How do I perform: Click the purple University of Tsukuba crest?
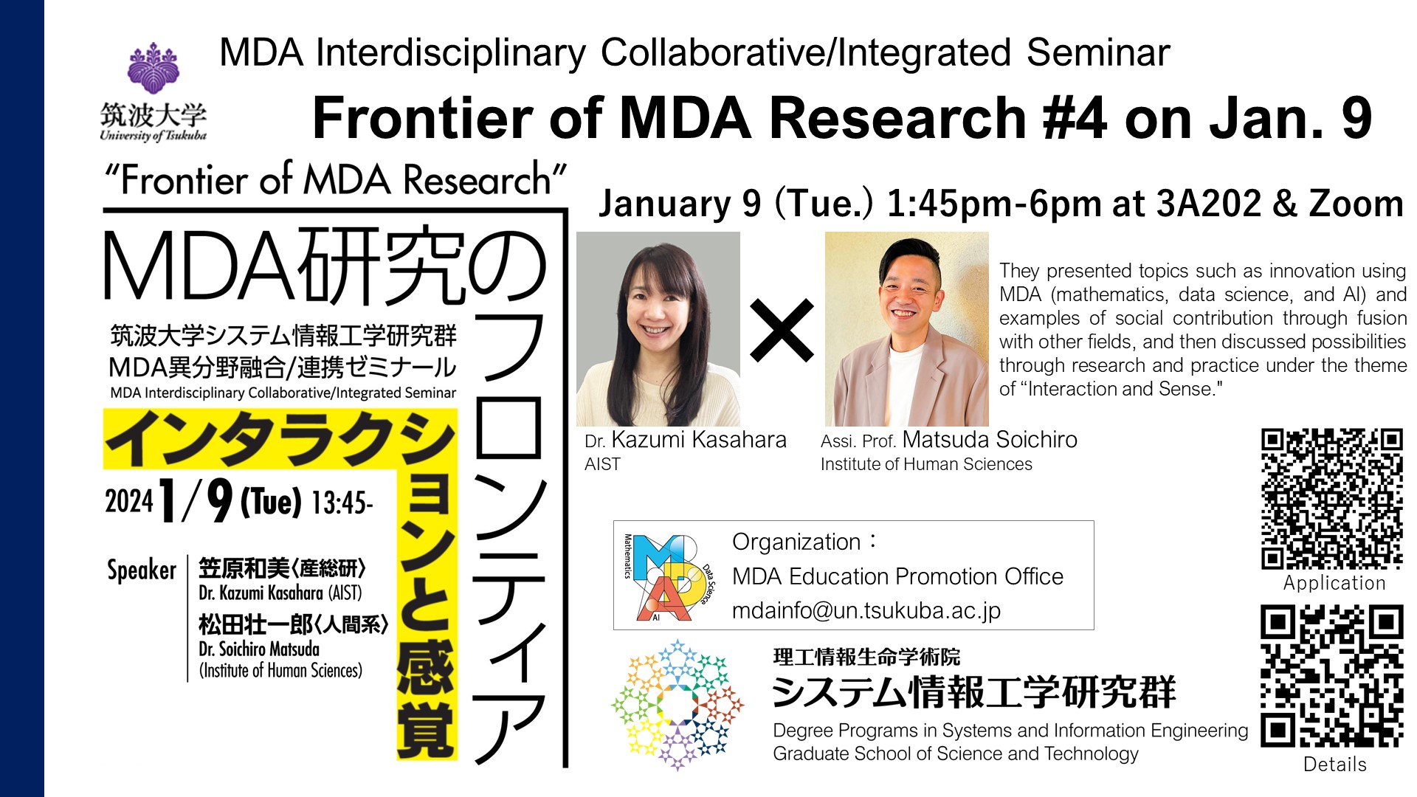(154, 67)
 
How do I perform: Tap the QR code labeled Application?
(1332, 499)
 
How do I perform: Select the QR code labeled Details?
(1332, 676)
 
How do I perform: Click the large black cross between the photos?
(782, 330)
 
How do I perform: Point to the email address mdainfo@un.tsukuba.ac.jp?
(866, 611)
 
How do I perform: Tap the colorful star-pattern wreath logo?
(678, 705)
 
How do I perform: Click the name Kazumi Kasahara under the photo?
(699, 440)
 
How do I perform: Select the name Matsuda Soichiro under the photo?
(990, 440)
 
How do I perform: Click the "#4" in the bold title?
(1068, 118)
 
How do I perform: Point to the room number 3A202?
(1209, 204)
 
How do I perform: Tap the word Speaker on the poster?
(142, 570)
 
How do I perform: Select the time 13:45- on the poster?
(342, 503)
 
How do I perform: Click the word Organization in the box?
(796, 542)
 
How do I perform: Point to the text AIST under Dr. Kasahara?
(602, 464)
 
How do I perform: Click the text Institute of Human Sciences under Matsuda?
(926, 464)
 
